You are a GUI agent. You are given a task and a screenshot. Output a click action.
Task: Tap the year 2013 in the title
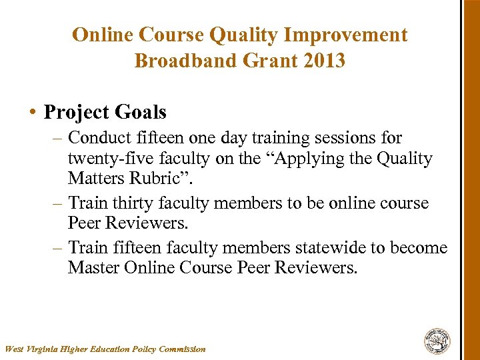(323, 61)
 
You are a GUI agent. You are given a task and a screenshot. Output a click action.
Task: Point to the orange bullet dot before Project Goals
(33, 113)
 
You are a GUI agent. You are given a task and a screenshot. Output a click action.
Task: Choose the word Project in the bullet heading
(75, 112)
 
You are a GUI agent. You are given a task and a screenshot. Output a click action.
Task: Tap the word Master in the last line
(93, 269)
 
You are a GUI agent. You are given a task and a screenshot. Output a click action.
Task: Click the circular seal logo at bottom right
(437, 341)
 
